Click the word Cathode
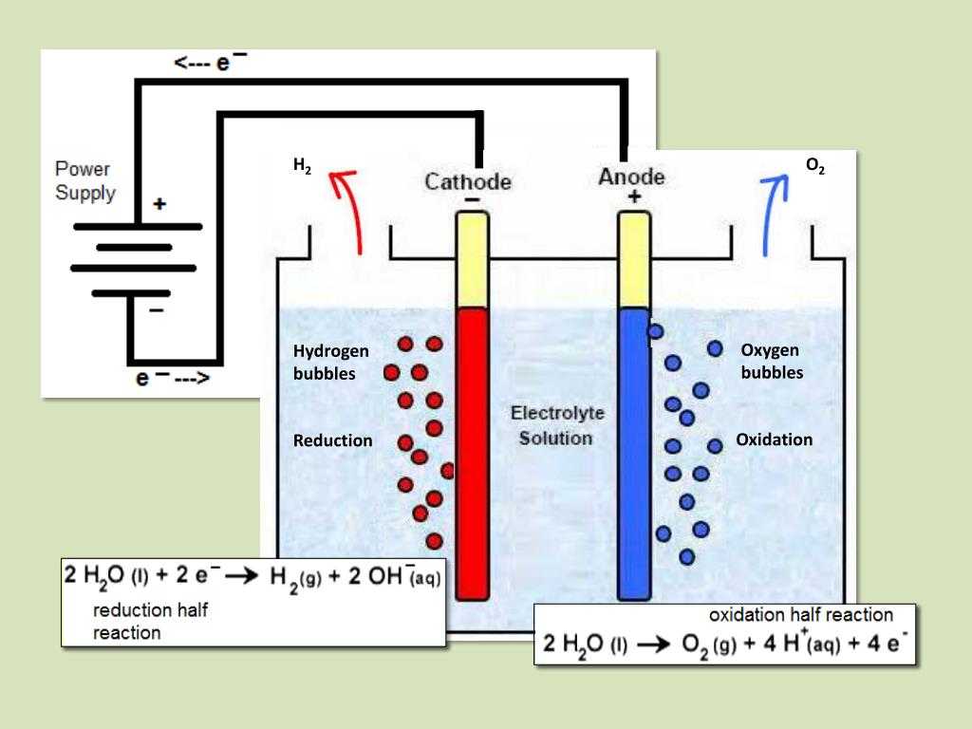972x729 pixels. tap(467, 181)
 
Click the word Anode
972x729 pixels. tap(631, 177)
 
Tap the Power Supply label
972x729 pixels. tap(84, 181)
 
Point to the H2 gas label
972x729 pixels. tap(302, 168)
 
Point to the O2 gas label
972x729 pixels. tap(814, 167)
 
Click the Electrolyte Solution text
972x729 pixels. tap(556, 425)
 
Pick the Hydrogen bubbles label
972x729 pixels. tap(330, 362)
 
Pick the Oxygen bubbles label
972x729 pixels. tap(771, 362)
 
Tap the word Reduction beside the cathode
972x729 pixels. tap(332, 440)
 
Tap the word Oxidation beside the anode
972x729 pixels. tap(774, 439)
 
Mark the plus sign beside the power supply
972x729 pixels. tap(159, 204)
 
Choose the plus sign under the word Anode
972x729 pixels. tap(633, 197)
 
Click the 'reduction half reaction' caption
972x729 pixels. tap(150, 621)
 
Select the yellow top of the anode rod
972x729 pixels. tap(633, 258)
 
